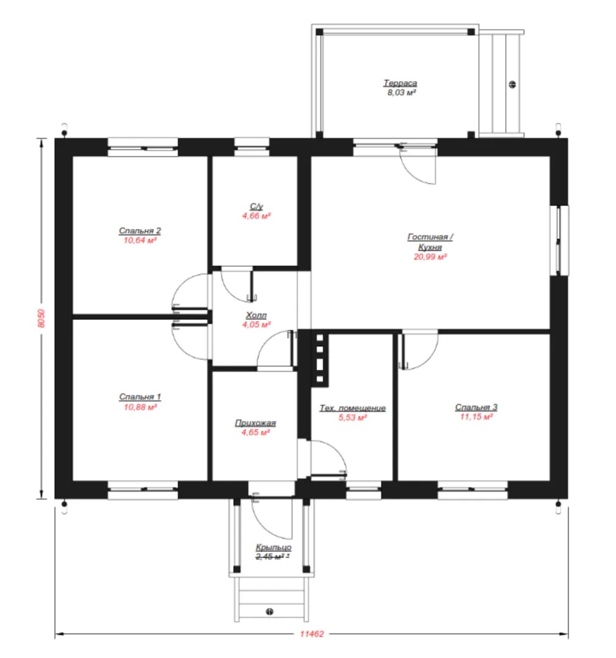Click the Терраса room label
coord(400,83)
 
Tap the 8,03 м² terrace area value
coord(401,93)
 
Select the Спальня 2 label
coord(139,231)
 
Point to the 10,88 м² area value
coord(140,407)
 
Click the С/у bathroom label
coord(256,207)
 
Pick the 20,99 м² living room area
coord(430,257)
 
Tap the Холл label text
coord(256,315)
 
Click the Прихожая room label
coord(256,423)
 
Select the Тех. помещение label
coord(352,408)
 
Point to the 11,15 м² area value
coord(477,417)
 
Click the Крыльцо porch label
coord(273,547)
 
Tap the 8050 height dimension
coord(41,319)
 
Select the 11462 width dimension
coord(312,634)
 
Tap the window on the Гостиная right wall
coord(559,241)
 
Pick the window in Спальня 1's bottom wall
coord(142,490)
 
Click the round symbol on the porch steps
coord(270,612)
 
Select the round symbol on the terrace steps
coord(513,84)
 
